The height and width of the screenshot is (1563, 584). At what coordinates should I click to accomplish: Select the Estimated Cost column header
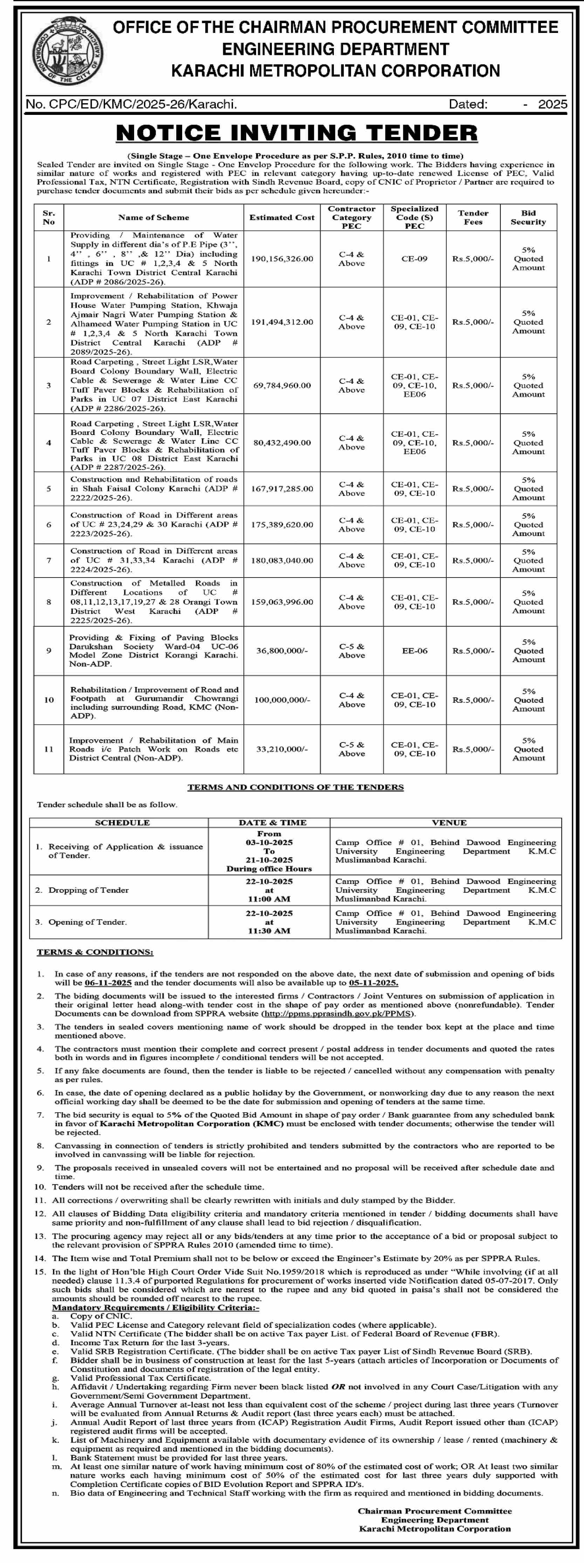pyautogui.click(x=282, y=217)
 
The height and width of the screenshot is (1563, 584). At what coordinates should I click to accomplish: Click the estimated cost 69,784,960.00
pyautogui.click(x=282, y=385)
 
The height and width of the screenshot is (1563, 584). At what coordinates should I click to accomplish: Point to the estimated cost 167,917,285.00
pyautogui.click(x=282, y=489)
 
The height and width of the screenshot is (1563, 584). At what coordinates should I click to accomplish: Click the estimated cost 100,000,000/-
pyautogui.click(x=282, y=700)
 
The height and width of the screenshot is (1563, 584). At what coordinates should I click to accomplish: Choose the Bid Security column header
pyautogui.click(x=528, y=217)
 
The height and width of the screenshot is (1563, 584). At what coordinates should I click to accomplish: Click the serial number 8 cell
pyautogui.click(x=49, y=602)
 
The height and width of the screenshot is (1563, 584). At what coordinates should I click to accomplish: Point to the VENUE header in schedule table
pyautogui.click(x=449, y=823)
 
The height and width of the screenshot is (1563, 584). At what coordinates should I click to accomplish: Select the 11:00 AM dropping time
pyautogui.click(x=269, y=899)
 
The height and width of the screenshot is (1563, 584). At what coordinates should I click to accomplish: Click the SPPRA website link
pyautogui.click(x=338, y=1013)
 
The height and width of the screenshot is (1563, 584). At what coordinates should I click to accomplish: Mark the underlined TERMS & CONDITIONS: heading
pyautogui.click(x=95, y=952)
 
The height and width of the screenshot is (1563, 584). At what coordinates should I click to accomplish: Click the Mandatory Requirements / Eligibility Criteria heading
pyautogui.click(x=156, y=1308)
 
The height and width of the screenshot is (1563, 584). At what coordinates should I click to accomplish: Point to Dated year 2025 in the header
pyautogui.click(x=552, y=104)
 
